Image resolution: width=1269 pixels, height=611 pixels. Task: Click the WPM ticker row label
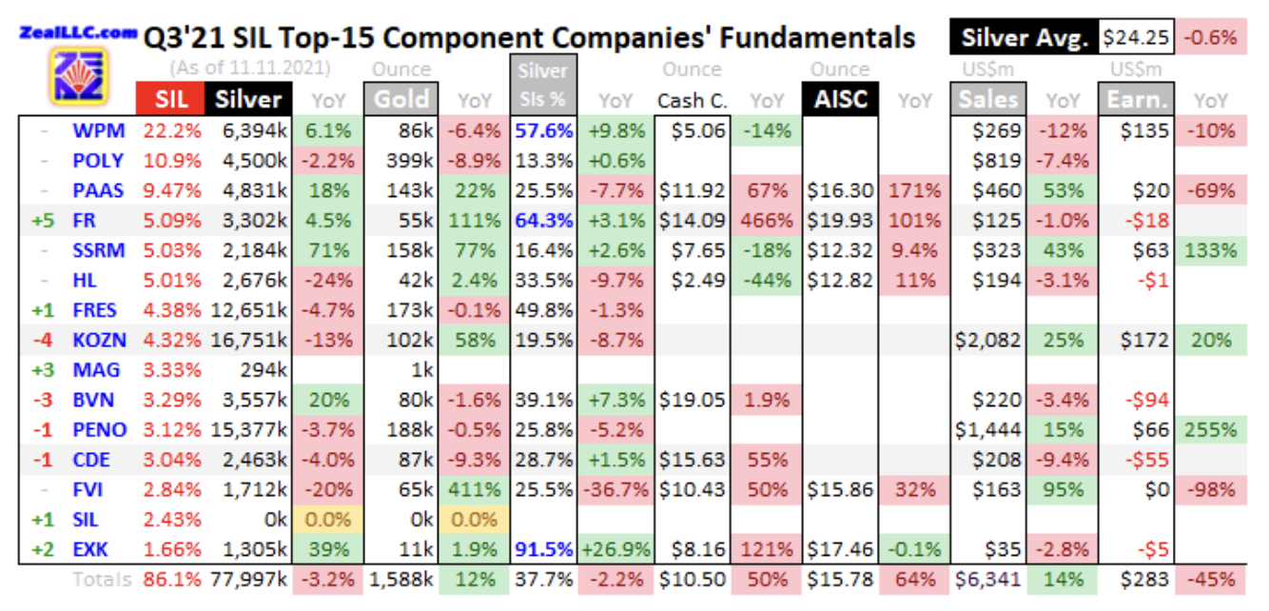click(98, 130)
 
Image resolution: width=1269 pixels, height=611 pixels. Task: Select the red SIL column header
click(172, 100)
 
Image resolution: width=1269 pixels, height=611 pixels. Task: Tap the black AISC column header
click(840, 100)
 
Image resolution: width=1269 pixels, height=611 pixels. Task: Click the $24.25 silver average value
click(1136, 38)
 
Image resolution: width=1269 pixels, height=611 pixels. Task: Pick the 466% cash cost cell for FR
click(766, 220)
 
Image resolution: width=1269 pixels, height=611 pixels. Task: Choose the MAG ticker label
click(98, 369)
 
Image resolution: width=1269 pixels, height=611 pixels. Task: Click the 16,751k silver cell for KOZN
click(250, 340)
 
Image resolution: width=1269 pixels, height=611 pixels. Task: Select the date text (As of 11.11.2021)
click(251, 69)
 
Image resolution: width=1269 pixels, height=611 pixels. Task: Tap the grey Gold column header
click(400, 100)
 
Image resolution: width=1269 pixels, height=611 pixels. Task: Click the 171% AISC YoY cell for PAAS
click(914, 190)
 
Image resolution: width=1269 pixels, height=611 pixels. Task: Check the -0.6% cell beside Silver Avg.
click(1211, 38)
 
